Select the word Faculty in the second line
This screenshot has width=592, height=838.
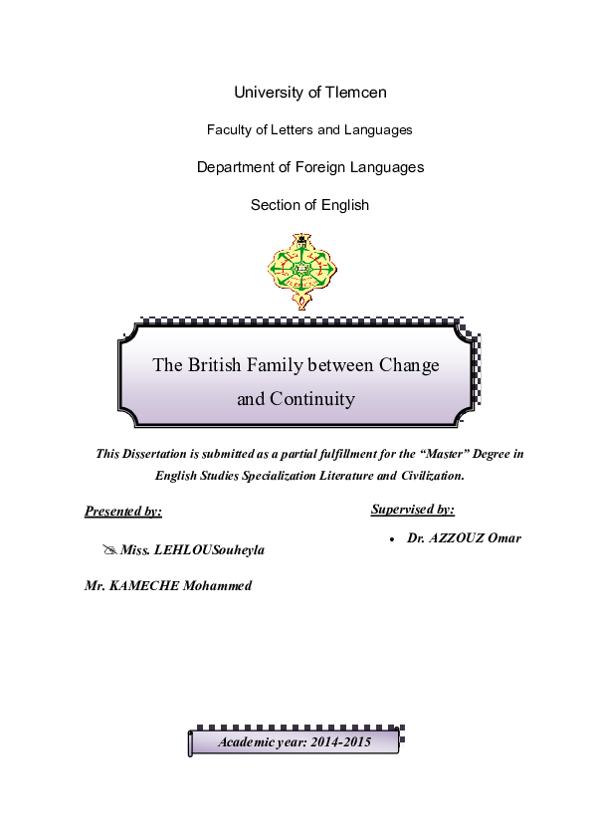click(x=230, y=129)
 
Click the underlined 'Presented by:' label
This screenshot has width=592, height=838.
click(x=123, y=512)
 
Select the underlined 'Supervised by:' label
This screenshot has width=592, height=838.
click(x=413, y=510)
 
